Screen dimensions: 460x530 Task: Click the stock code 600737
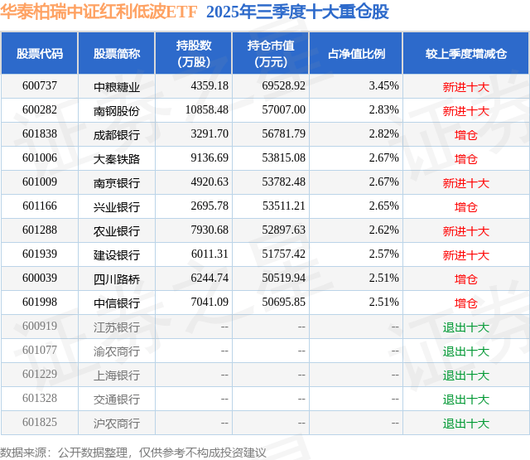[x=39, y=86]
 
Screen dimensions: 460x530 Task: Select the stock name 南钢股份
[x=117, y=110]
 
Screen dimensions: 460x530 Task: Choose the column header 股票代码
[x=39, y=54]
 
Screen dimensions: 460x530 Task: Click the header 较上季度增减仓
[x=465, y=54]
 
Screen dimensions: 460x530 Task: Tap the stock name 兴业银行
[x=117, y=206]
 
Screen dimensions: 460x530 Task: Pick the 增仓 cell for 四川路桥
[x=466, y=278]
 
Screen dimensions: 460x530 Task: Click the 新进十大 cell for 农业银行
[x=466, y=230]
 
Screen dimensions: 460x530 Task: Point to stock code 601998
[x=39, y=303]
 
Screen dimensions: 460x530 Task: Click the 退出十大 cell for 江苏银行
[x=466, y=327]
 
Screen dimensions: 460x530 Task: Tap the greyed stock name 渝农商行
[x=117, y=351]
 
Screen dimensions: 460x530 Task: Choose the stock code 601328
[x=39, y=399]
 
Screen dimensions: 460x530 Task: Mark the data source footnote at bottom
[x=133, y=452]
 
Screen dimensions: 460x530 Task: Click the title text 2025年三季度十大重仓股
[x=296, y=12]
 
